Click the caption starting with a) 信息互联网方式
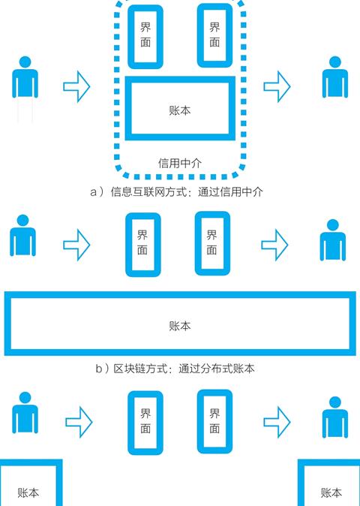176,192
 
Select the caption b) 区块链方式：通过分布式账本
175,369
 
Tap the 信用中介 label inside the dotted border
180,163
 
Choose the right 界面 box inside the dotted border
199,35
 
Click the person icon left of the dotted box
25,77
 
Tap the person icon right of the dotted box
335,77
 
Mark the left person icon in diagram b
23,236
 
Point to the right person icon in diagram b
333,240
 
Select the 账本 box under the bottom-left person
59,483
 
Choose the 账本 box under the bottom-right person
301,483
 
